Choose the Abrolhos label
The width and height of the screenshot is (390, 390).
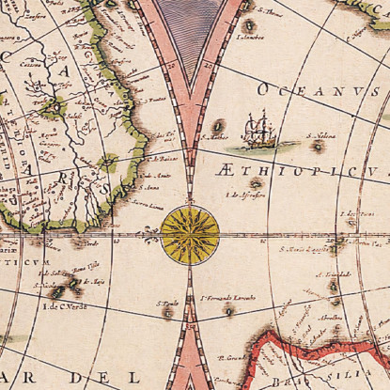[x=330, y=318]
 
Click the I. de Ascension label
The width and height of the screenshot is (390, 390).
[x=246, y=195]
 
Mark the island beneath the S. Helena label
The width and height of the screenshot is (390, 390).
[x=318, y=146]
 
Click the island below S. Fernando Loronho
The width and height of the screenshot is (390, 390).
[x=228, y=309]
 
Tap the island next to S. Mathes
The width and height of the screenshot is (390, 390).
[x=218, y=124]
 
